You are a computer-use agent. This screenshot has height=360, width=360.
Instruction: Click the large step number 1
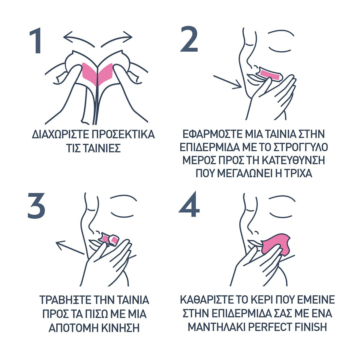click(36, 40)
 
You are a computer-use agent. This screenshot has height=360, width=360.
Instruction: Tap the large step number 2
click(189, 39)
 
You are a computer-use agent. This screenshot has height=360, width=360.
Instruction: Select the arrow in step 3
click(70, 248)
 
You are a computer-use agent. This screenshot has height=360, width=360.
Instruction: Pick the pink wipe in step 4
click(276, 245)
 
